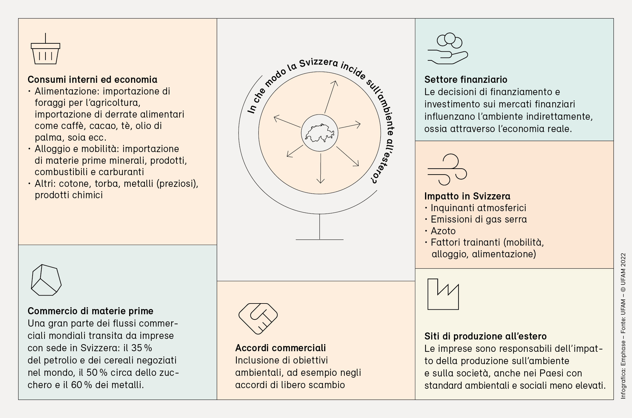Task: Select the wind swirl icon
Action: coord(447,170)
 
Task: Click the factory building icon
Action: coord(443,295)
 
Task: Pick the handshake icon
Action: coord(258,318)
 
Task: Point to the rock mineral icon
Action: coord(46,280)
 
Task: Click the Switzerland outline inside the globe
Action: coord(320,133)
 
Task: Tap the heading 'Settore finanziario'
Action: coord(466,79)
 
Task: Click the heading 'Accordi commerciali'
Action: coord(280,348)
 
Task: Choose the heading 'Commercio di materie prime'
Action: coord(90,311)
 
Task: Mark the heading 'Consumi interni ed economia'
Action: coord(92,79)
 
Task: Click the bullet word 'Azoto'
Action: coord(443,231)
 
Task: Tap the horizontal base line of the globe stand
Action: coord(320,239)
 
